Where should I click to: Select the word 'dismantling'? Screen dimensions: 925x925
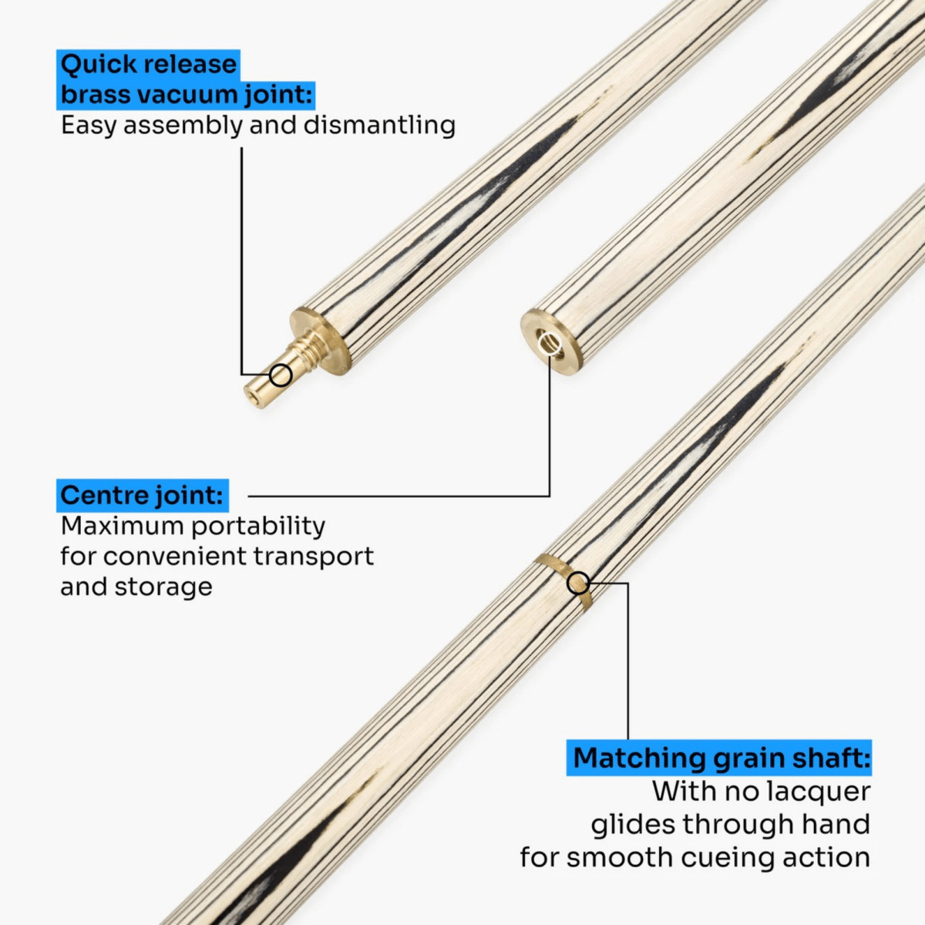coord(379,125)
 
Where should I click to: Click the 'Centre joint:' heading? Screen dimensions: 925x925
coord(142,495)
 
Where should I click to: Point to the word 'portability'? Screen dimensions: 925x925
coord(258,526)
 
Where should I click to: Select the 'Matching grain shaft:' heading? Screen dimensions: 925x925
coord(721,758)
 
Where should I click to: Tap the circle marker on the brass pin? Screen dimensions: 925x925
coord(281,375)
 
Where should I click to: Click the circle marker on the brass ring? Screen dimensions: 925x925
coord(578,583)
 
